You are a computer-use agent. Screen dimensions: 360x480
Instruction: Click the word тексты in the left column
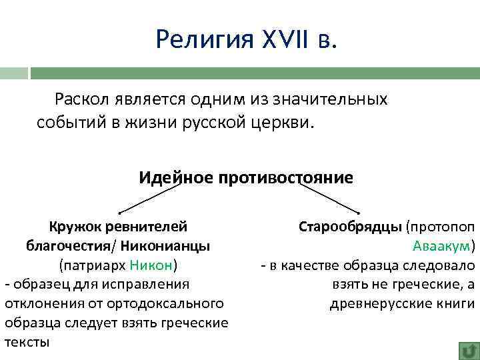[x=27, y=343]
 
